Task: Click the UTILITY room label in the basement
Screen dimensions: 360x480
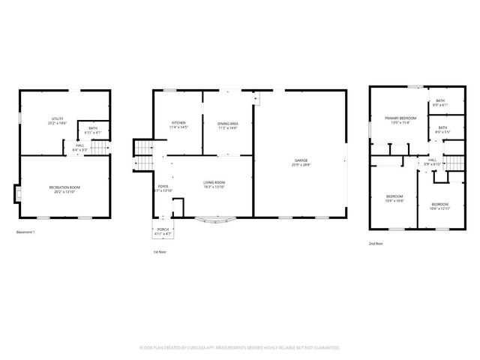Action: coord(57,121)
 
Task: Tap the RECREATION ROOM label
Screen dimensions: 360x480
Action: coord(64,187)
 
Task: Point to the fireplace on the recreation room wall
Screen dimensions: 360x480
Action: coord(16,194)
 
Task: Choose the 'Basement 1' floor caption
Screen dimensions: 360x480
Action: coord(26,232)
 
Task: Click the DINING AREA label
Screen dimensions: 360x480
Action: coord(228,124)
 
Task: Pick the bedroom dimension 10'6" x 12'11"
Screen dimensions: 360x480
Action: coord(439,208)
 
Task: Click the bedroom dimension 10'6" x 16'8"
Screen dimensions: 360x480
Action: coord(394,201)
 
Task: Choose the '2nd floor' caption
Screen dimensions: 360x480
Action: coord(376,244)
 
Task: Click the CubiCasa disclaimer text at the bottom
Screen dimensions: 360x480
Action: coord(240,348)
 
